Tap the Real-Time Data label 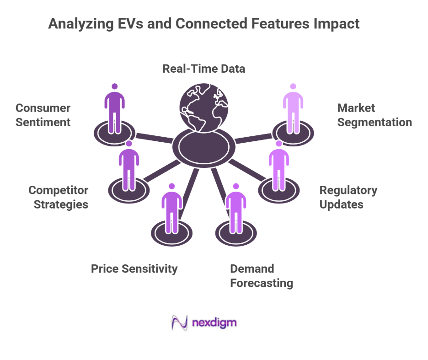coord(204,69)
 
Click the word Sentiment coord(43,123)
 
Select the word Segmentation coord(374,123)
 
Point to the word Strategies coord(60,204)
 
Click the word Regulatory coord(348,190)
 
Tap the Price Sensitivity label coord(134,269)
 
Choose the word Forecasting coord(261,283)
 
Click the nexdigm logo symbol coord(179,323)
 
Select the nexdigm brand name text coord(214,323)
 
